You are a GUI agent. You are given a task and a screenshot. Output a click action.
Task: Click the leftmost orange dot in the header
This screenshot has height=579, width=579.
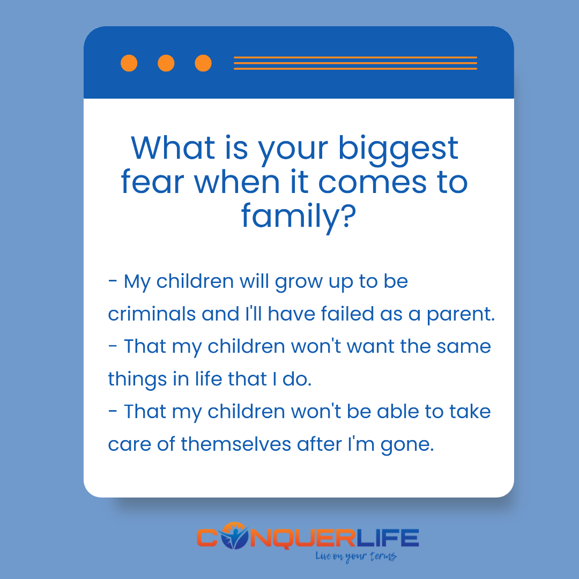pyautogui.click(x=129, y=63)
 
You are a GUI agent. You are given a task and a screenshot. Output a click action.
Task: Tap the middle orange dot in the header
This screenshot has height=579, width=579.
pyautogui.click(x=166, y=63)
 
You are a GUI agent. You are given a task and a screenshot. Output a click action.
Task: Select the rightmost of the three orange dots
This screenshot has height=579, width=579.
pyautogui.click(x=203, y=63)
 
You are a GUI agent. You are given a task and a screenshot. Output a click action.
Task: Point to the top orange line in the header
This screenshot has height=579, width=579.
pyautogui.click(x=355, y=57)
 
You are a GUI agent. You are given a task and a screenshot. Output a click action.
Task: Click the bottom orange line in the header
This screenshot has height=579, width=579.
pyautogui.click(x=355, y=69)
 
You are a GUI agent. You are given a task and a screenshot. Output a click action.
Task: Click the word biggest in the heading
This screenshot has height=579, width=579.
pyautogui.click(x=399, y=149)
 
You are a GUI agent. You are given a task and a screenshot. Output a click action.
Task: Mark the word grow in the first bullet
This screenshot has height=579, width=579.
pyautogui.click(x=296, y=283)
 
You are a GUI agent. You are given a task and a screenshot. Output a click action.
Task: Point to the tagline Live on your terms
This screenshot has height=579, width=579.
pyautogui.click(x=356, y=556)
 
